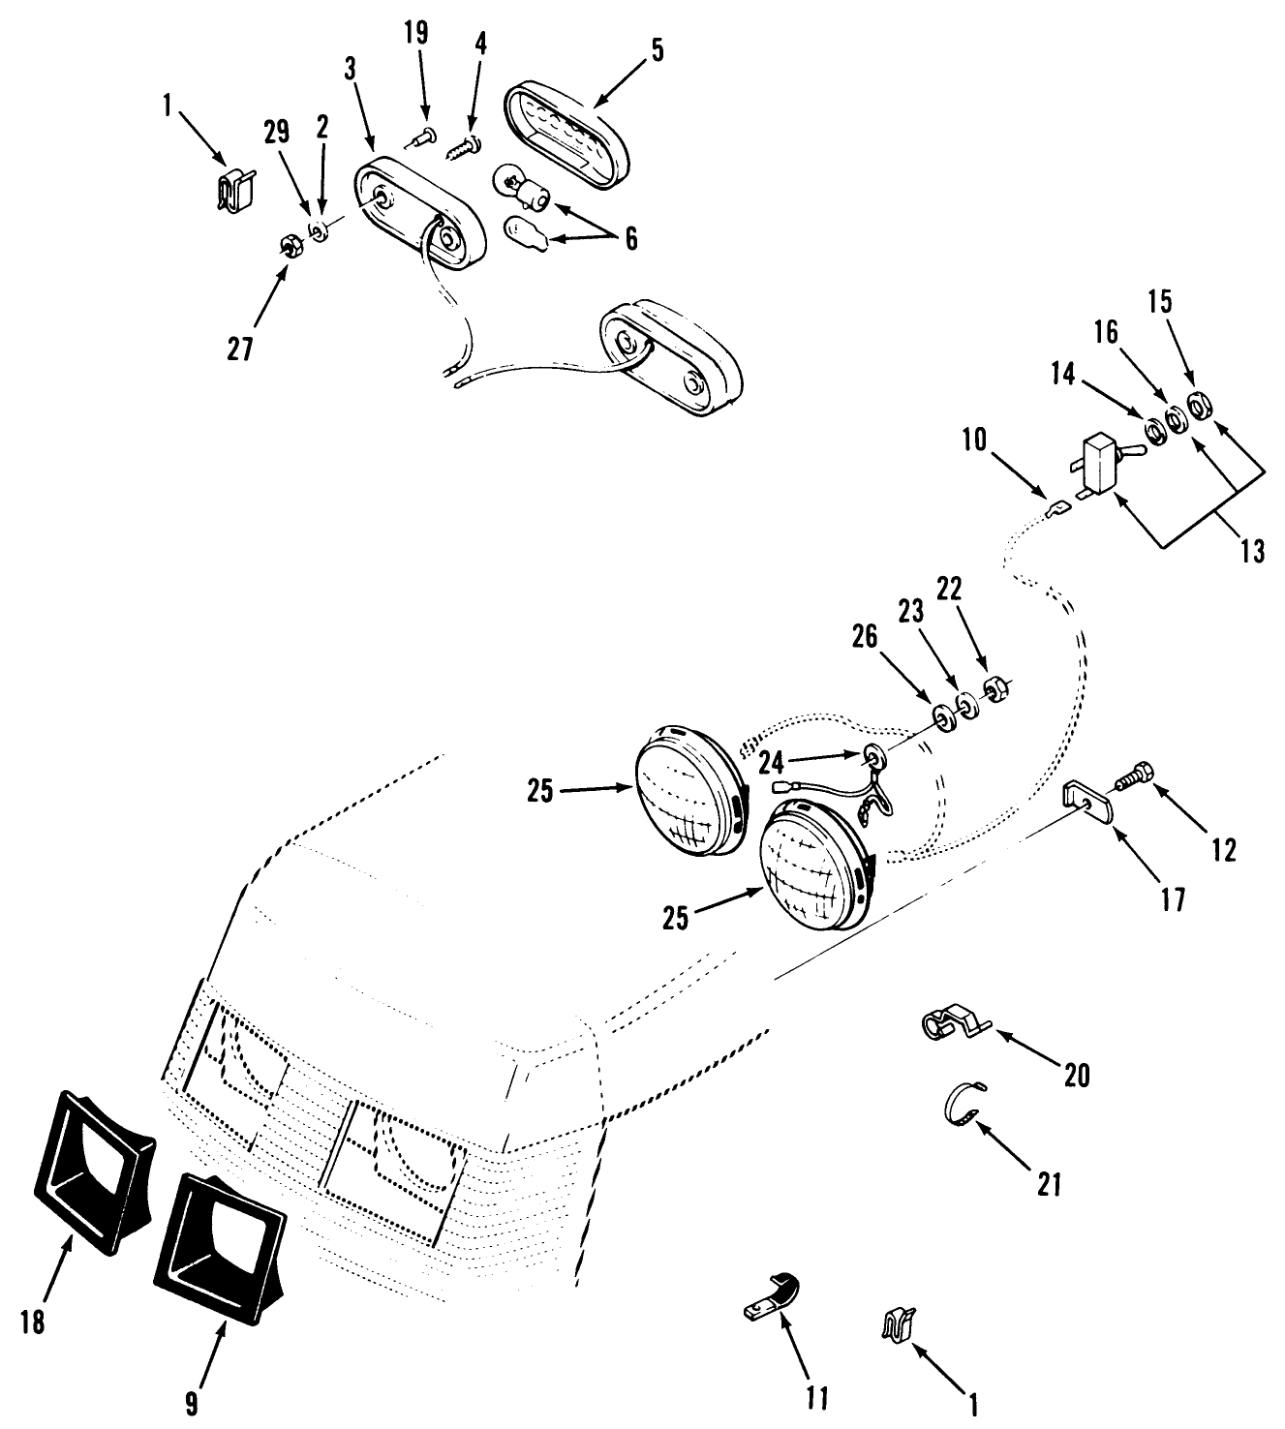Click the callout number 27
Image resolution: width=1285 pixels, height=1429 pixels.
pyautogui.click(x=239, y=349)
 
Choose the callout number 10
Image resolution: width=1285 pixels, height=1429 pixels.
pyautogui.click(x=974, y=441)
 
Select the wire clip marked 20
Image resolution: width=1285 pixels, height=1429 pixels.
pyautogui.click(x=950, y=1025)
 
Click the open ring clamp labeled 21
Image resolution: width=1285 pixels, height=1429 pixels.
pyautogui.click(x=964, y=1106)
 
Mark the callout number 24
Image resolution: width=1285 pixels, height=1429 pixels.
pyautogui.click(x=771, y=762)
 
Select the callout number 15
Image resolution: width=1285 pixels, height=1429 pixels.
pyautogui.click(x=1160, y=302)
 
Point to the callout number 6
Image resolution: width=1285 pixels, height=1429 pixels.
pyautogui.click(x=631, y=237)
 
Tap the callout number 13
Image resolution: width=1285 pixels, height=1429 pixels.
pyautogui.click(x=1252, y=552)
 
